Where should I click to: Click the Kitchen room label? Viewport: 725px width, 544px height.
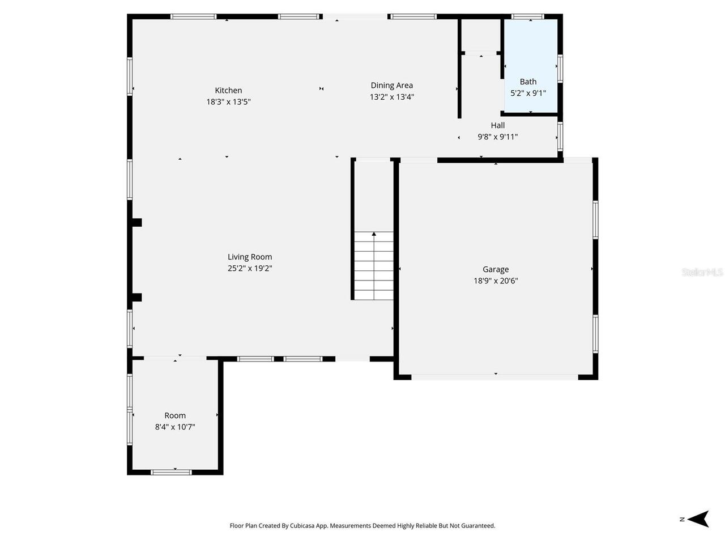(x=228, y=90)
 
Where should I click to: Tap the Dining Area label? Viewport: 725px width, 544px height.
(x=391, y=86)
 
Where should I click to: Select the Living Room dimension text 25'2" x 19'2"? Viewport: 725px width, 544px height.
(x=250, y=269)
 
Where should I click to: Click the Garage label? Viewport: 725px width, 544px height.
(x=496, y=270)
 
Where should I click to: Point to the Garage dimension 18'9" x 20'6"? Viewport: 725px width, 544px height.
(x=496, y=281)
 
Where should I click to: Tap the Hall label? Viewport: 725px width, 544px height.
(x=497, y=125)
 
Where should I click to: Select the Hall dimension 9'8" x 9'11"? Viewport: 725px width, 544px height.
(x=497, y=137)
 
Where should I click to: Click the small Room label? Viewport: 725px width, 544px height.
(x=175, y=415)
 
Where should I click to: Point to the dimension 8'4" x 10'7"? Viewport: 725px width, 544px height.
(x=175, y=427)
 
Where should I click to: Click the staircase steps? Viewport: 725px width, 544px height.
(x=374, y=272)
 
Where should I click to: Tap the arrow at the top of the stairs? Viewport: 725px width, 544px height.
(x=374, y=233)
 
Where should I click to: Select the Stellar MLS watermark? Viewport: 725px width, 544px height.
(x=702, y=273)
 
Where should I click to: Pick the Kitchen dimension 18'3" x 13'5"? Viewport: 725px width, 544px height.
(x=228, y=102)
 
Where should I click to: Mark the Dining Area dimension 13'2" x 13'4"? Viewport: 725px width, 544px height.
(x=391, y=97)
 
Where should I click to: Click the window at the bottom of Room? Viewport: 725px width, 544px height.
(x=172, y=471)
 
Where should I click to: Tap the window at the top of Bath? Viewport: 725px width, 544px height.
(x=527, y=17)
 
